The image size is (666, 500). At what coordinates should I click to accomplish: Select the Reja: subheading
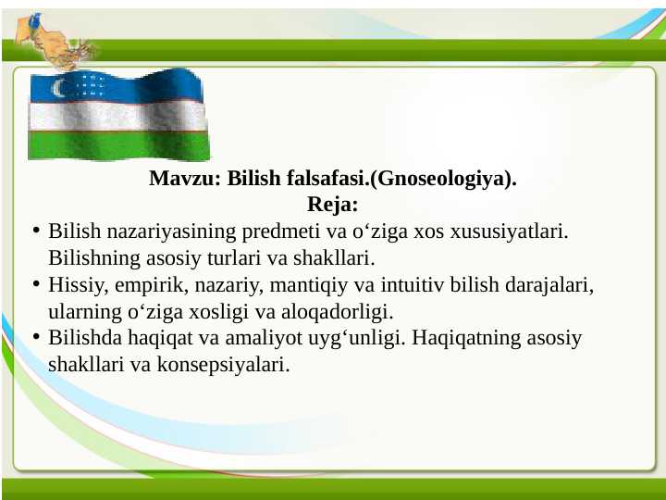[332, 203]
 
